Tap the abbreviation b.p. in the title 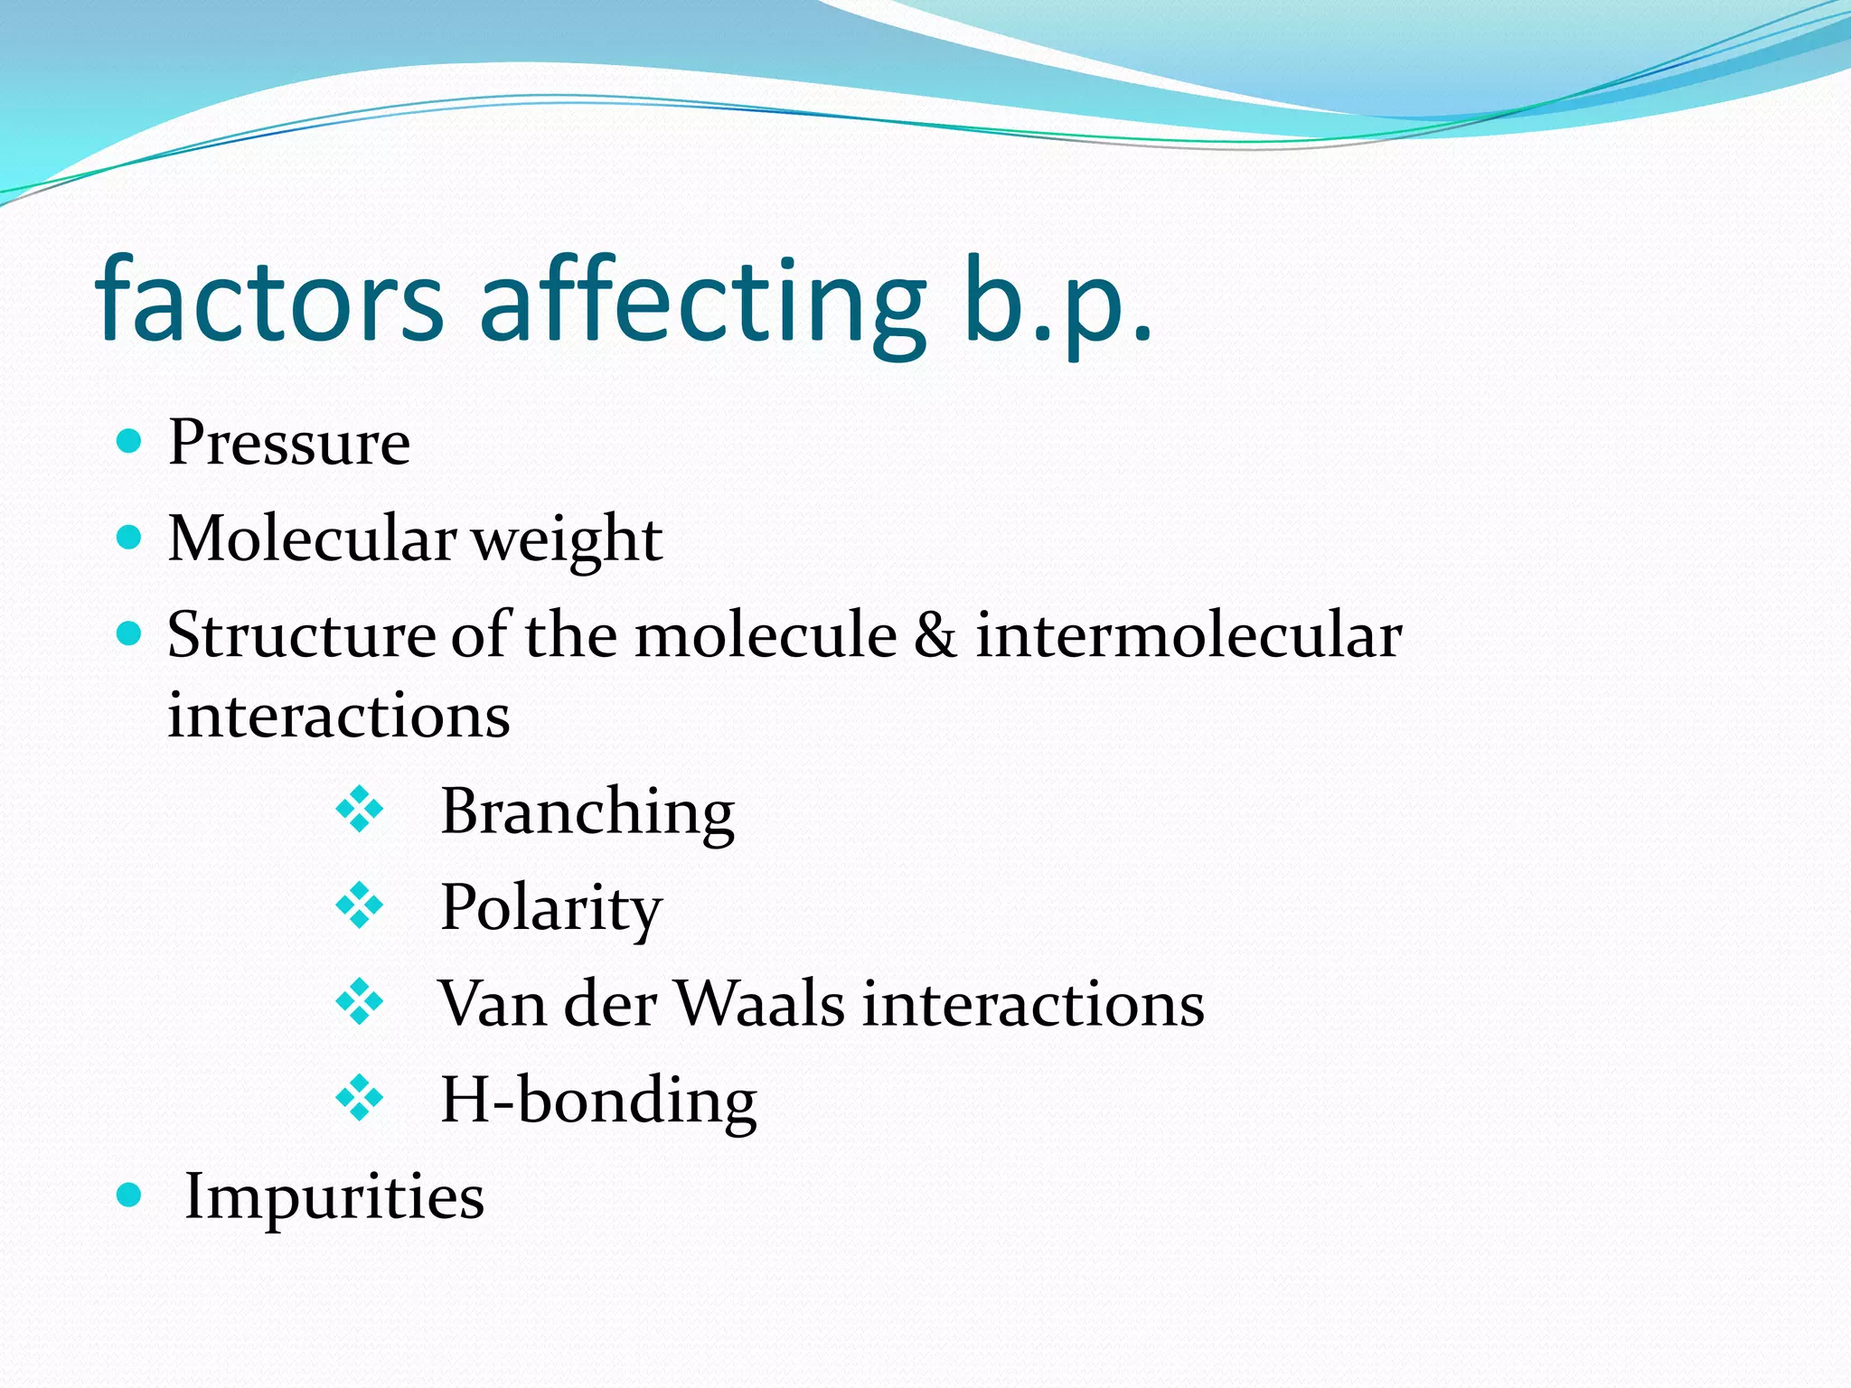tap(1057, 303)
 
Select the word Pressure tap(289, 443)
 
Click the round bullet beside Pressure tap(130, 441)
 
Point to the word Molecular tap(312, 539)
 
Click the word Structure tap(301, 634)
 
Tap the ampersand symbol tap(935, 634)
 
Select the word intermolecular tap(1189, 634)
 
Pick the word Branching tap(587, 811)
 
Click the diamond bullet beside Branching tap(360, 810)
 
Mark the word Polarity tap(550, 907)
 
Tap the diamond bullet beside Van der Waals tap(360, 1002)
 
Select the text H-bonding tap(597, 1101)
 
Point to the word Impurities tap(334, 1196)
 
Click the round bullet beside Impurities tap(130, 1196)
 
